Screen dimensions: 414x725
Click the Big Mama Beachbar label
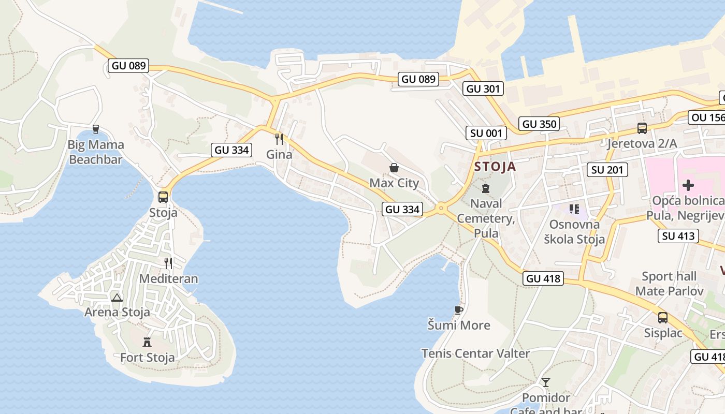coord(96,152)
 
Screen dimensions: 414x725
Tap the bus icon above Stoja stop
coord(163,197)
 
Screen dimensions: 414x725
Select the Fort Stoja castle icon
coord(147,342)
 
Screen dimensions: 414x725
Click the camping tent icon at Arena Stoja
coord(117,297)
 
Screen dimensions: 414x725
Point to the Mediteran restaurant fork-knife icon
coord(168,263)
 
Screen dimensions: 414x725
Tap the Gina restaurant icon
coord(279,139)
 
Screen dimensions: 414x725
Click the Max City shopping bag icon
coord(394,168)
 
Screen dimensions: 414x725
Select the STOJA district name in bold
coord(495,167)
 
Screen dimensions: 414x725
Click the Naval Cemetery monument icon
coord(486,188)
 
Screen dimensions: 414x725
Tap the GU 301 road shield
coord(483,88)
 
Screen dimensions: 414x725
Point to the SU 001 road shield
coord(486,133)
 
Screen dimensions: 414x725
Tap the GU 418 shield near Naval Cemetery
coord(543,278)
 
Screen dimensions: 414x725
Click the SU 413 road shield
coord(679,236)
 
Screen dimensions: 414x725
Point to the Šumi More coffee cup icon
coord(458,310)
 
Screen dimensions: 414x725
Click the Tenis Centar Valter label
coord(475,353)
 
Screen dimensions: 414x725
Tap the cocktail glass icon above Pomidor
coord(545,382)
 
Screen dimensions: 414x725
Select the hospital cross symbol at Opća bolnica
coord(688,185)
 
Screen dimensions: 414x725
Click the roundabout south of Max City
coord(441,209)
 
